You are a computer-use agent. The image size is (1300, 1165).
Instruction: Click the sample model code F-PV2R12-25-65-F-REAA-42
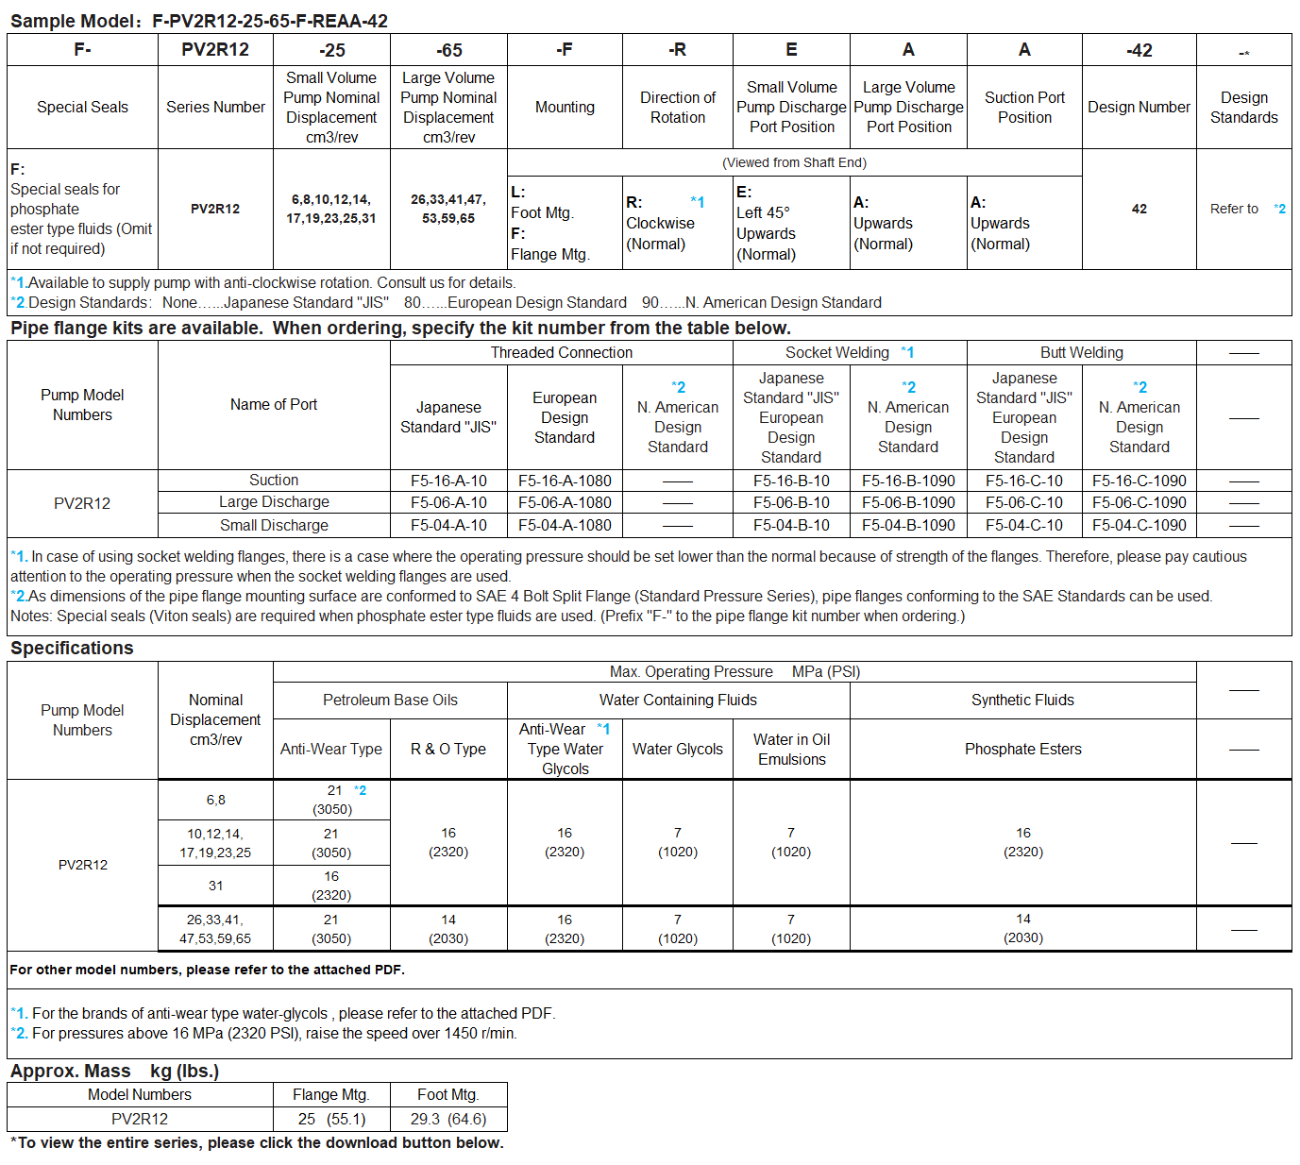click(270, 21)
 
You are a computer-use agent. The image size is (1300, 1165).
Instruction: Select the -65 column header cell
click(448, 50)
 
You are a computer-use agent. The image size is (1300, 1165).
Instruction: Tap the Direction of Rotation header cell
click(677, 108)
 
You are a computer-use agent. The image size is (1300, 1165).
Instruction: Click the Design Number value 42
click(1139, 209)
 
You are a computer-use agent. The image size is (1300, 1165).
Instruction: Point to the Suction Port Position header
click(1024, 108)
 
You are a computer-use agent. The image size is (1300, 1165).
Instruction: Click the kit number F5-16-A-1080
click(565, 481)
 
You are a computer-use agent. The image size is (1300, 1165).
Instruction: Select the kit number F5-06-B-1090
click(908, 502)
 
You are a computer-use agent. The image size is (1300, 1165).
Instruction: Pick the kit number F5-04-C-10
click(1024, 525)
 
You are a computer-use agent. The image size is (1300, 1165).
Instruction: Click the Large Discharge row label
click(274, 502)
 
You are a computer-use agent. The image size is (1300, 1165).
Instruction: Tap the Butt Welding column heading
click(1081, 352)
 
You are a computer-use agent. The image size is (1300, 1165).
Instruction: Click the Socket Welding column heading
click(837, 352)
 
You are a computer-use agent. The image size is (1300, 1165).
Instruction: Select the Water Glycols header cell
click(677, 749)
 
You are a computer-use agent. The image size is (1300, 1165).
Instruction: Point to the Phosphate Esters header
click(1022, 749)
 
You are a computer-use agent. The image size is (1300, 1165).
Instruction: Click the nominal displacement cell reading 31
click(216, 886)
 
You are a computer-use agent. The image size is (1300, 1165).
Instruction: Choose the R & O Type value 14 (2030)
click(448, 929)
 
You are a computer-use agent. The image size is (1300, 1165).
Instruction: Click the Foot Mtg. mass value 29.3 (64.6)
click(448, 1119)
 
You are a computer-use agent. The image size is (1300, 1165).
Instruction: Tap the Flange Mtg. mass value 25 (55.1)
click(331, 1119)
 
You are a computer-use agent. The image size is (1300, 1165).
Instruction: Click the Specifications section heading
click(72, 648)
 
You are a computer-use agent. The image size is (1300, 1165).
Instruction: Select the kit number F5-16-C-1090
click(1139, 481)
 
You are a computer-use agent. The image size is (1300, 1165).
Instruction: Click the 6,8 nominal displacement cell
click(216, 800)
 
